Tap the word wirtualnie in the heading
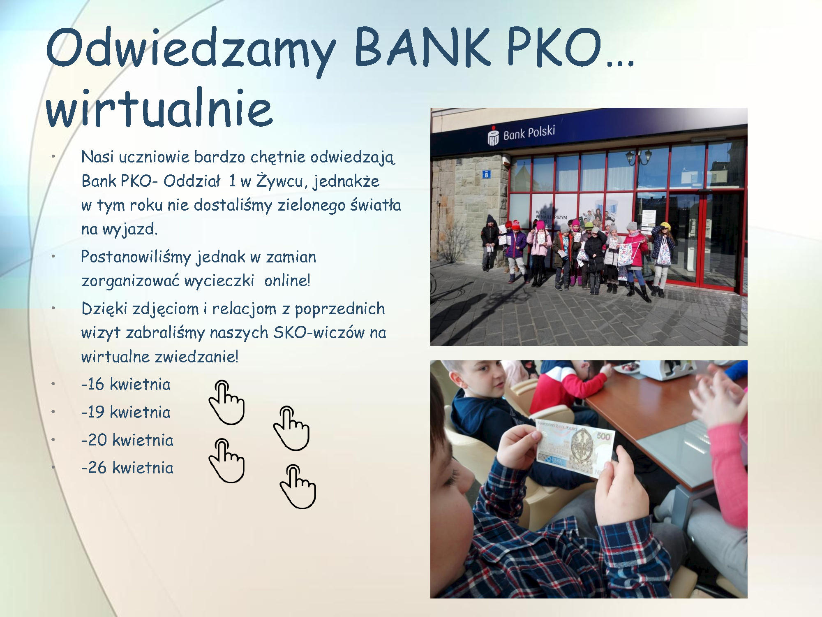(159, 108)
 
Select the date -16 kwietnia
(126, 384)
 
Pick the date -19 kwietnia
(126, 412)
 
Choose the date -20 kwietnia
(127, 440)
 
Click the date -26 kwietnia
(127, 467)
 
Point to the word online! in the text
(287, 280)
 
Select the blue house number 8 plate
(487, 174)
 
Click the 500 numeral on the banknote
(603, 436)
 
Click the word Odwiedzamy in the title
(191, 49)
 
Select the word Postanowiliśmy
(136, 257)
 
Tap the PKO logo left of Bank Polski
(493, 135)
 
